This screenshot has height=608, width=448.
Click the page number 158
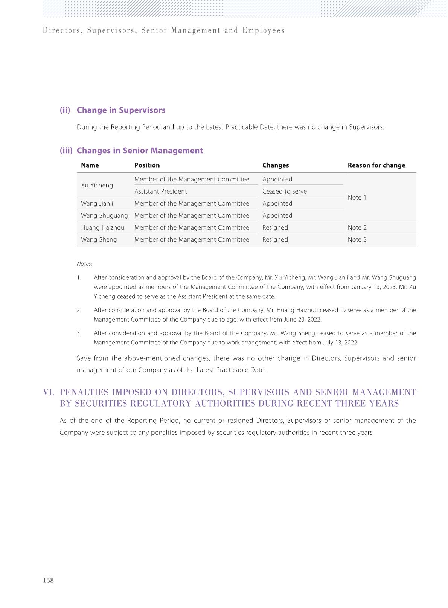pyautogui.click(x=49, y=580)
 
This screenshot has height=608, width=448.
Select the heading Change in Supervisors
pyautogui.click(x=121, y=110)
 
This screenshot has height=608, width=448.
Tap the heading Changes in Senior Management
pyautogui.click(x=140, y=151)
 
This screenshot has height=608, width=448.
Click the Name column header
pyautogui.click(x=90, y=165)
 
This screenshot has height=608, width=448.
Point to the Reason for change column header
pyautogui.click(x=376, y=165)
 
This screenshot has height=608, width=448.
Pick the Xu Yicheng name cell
pyautogui.click(x=97, y=185)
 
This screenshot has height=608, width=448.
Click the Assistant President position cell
pyautogui.click(x=160, y=191)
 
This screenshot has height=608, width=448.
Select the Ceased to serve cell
pyautogui.click(x=284, y=191)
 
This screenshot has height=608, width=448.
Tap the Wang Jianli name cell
pyautogui.click(x=97, y=203)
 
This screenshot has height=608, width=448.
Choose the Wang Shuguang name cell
pyautogui.click(x=104, y=215)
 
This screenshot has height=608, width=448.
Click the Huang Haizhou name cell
pyautogui.click(x=102, y=227)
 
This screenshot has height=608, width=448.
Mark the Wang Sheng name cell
pyautogui.click(x=99, y=239)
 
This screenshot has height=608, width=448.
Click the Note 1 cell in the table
pyautogui.click(x=357, y=197)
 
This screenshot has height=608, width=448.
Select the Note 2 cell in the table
pyautogui.click(x=357, y=227)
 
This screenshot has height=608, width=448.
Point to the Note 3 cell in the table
pyautogui.click(x=357, y=239)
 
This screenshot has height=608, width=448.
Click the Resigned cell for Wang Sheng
pyautogui.click(x=275, y=239)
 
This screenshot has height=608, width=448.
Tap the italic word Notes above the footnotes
pyautogui.click(x=84, y=264)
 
